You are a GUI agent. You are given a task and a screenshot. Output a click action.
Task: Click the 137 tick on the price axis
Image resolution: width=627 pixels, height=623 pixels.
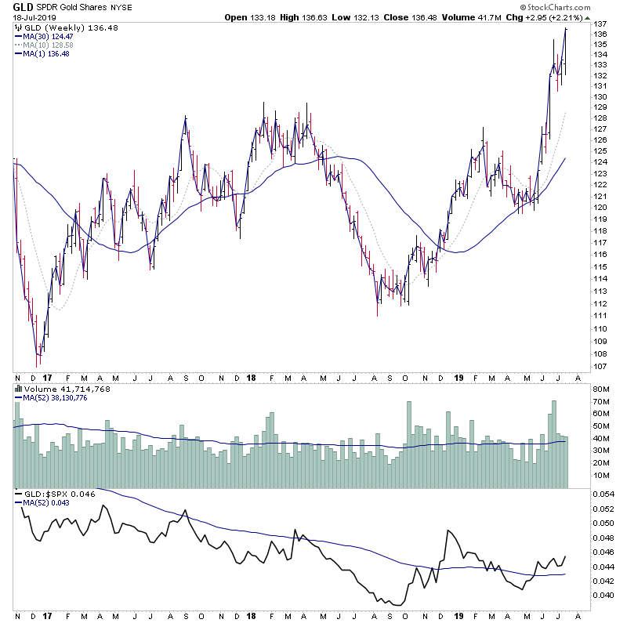(600, 24)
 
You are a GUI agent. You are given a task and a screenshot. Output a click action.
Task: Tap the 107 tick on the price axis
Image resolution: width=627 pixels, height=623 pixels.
(600, 366)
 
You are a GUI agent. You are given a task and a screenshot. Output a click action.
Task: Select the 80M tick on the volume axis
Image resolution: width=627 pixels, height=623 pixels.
(601, 389)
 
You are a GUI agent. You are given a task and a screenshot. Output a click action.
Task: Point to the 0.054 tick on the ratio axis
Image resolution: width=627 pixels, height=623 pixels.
(603, 494)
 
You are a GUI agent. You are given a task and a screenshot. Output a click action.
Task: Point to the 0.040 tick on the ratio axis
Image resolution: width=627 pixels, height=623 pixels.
(603, 595)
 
